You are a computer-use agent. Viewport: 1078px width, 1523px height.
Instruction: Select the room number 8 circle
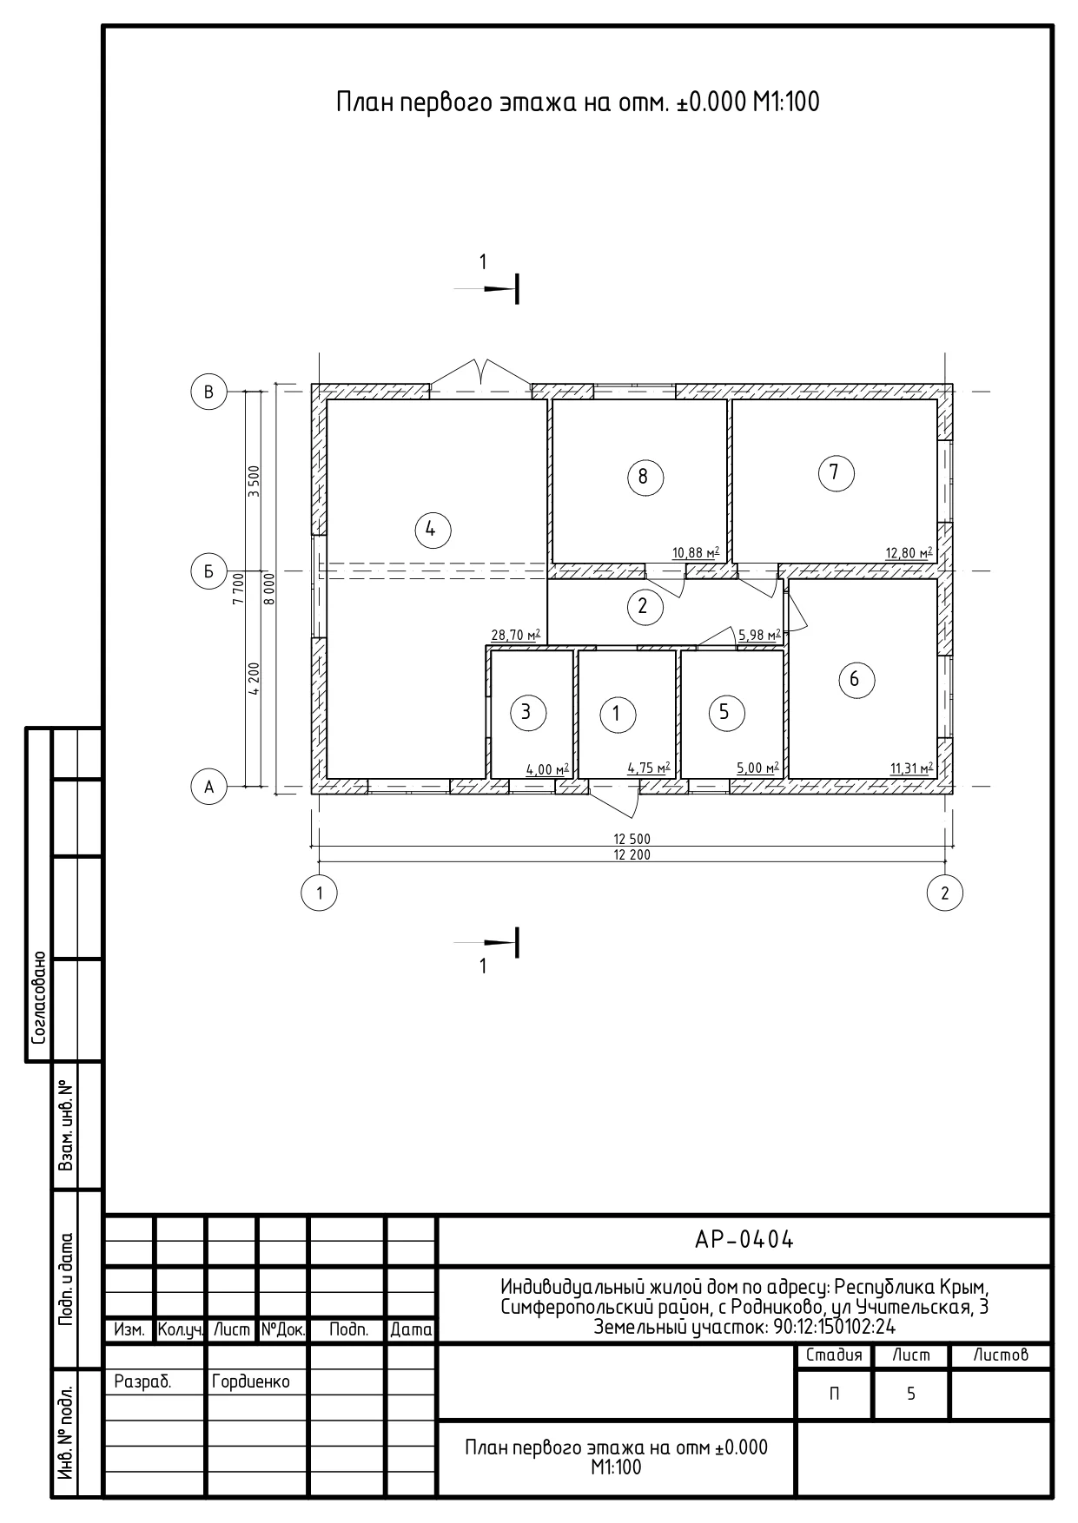click(644, 477)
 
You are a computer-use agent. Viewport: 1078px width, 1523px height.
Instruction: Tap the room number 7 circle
click(836, 472)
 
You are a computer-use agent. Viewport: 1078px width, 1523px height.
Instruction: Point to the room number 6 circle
click(855, 679)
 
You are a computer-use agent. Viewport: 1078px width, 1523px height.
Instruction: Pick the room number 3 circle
click(526, 713)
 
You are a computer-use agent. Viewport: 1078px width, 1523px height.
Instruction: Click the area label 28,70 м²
click(516, 635)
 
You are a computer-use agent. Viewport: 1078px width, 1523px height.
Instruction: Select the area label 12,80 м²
click(909, 552)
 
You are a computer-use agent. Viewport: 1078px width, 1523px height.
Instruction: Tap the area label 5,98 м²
click(758, 635)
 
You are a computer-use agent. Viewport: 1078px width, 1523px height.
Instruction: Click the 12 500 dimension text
click(632, 839)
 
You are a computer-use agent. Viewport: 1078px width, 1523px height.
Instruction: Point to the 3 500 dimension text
click(254, 481)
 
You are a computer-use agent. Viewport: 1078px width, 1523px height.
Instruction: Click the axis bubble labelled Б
click(208, 571)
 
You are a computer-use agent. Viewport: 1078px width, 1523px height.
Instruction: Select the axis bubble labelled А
click(208, 787)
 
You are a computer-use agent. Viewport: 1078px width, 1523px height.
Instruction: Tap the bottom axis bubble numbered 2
click(945, 892)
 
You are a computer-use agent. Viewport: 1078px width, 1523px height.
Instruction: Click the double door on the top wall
click(482, 373)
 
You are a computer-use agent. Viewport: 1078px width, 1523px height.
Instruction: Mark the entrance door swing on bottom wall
click(614, 801)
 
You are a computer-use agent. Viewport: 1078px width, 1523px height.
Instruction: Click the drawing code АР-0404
click(744, 1240)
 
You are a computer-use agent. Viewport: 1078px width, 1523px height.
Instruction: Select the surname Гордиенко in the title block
click(250, 1381)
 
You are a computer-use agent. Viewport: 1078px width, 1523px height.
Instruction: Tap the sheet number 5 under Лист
click(911, 1394)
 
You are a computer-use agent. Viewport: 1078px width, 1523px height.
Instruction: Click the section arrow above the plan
click(500, 288)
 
